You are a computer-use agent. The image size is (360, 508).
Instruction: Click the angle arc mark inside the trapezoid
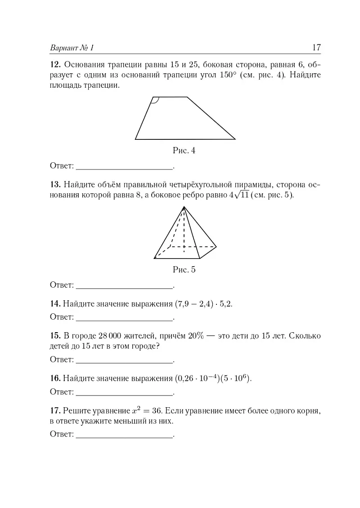[154, 101]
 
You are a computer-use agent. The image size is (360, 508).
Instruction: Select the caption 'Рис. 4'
[184, 151]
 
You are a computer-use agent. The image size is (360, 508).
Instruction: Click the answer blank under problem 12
[125, 166]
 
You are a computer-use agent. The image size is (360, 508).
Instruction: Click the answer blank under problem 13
[125, 285]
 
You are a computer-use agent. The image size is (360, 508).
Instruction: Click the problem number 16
[55, 379]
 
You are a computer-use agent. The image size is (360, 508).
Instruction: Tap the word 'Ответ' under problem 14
[62, 317]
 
